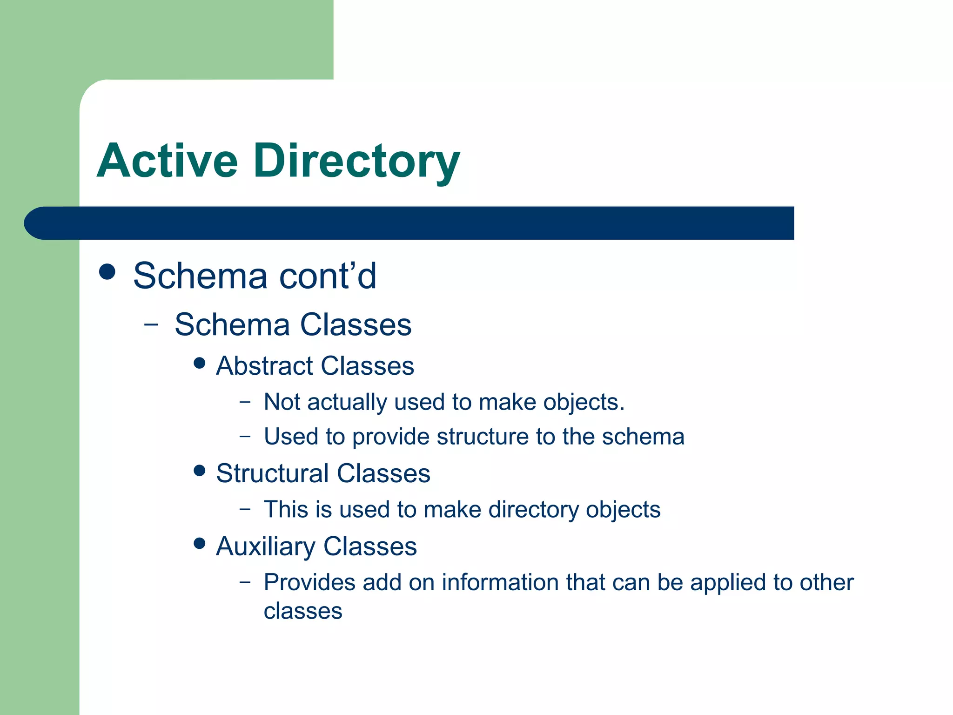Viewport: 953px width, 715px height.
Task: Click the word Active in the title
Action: [x=168, y=161]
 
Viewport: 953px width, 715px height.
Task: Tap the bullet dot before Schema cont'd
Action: [x=107, y=272]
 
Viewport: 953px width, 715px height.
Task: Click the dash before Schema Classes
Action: [x=151, y=325]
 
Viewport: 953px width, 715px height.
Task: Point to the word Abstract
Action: [x=264, y=366]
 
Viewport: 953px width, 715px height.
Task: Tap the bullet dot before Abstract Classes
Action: [x=200, y=363]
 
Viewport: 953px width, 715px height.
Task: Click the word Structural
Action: [x=272, y=473]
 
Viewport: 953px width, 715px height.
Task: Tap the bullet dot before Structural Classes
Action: [x=200, y=471]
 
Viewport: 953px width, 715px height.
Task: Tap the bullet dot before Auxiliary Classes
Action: [x=200, y=543]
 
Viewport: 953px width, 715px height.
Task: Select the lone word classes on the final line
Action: [x=303, y=611]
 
